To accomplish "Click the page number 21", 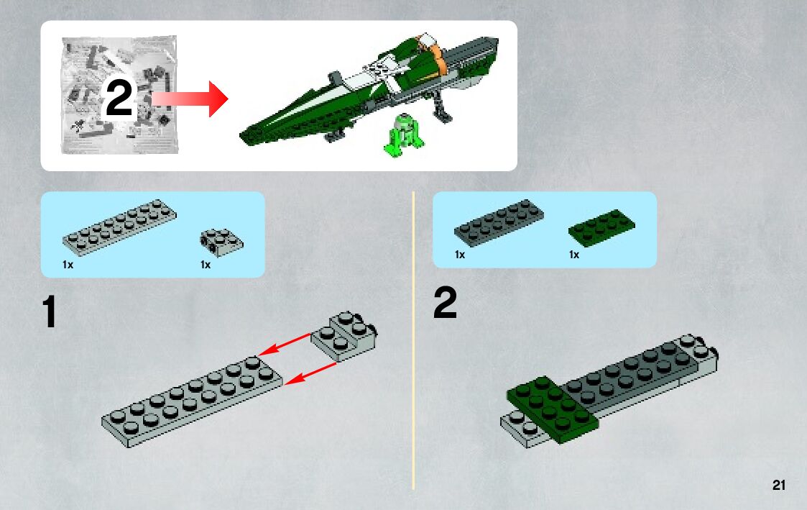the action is click(779, 485).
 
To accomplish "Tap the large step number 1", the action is click(50, 311).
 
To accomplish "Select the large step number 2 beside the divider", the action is click(446, 303).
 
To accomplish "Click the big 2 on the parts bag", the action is click(119, 97).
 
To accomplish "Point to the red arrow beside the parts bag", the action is click(190, 99).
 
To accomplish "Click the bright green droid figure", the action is click(404, 135).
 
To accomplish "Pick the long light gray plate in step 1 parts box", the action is click(119, 227).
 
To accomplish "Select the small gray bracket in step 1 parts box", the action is click(221, 242).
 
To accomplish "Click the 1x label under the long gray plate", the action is click(68, 265).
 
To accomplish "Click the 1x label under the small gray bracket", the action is click(206, 265).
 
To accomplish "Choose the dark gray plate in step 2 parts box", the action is click(499, 223).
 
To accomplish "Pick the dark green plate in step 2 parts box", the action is click(601, 228).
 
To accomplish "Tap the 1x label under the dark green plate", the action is click(574, 255).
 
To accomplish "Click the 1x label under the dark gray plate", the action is click(460, 255).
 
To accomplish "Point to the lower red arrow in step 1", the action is click(310, 373).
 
